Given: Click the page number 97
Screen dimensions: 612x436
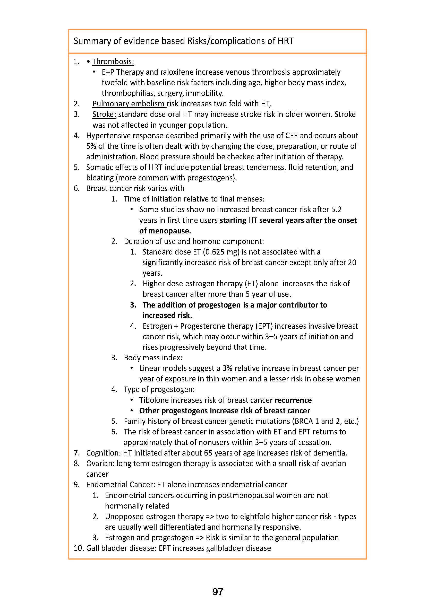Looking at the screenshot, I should [x=217, y=592].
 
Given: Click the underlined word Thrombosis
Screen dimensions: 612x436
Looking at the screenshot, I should [x=113, y=62].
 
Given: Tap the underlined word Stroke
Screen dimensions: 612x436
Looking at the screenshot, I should [x=104, y=114].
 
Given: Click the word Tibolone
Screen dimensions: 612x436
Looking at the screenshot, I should [x=154, y=400].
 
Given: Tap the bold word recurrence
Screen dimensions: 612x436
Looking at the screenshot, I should [x=293, y=400].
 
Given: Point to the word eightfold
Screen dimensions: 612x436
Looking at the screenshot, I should [x=259, y=517].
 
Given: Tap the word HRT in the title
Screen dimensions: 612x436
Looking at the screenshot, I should [x=285, y=41].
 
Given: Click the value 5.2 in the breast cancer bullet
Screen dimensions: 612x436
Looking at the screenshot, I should [x=336, y=209].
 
